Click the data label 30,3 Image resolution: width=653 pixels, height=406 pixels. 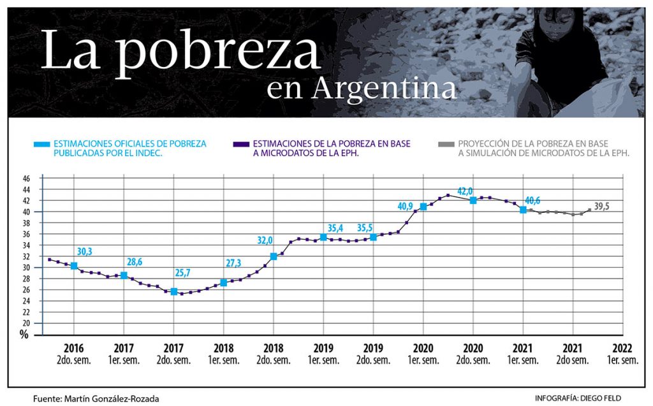pos(84,252)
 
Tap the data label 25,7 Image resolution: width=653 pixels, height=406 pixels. pos(184,273)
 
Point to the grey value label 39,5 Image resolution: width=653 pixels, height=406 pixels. pos(603,207)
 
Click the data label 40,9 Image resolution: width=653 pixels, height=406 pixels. pos(406,207)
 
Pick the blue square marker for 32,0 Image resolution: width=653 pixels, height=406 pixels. pos(274,256)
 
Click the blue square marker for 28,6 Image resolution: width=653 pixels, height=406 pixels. pos(124,275)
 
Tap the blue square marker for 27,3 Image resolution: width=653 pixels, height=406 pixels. pos(223,282)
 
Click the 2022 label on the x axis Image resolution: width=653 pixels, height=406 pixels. pos(622,349)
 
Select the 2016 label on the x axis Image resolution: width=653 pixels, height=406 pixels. pos(74,349)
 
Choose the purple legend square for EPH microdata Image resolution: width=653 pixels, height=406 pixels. pos(244,144)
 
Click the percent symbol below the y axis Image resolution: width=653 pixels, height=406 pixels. pos(24,335)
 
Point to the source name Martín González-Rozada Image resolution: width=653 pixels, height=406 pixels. pos(111,398)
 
